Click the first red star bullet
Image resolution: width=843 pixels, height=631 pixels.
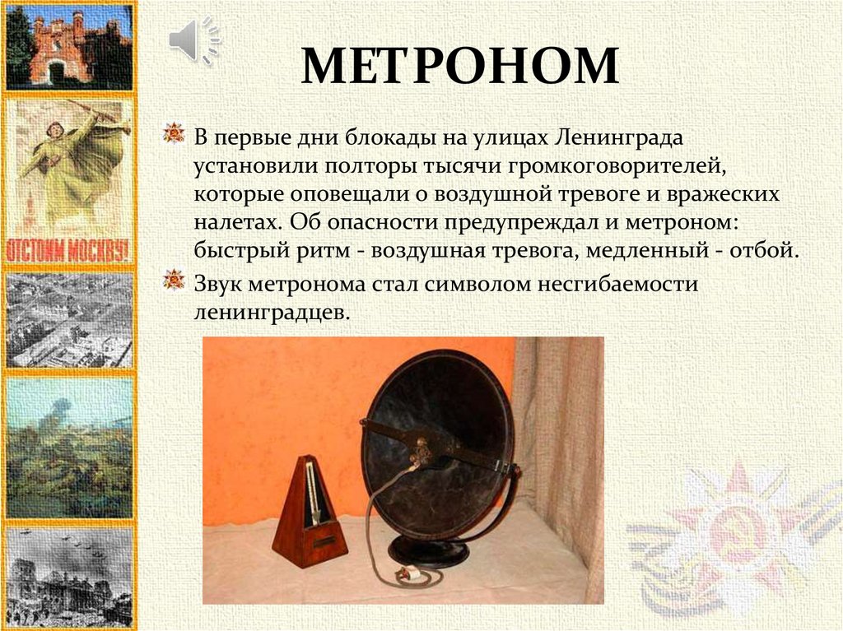pyautogui.click(x=173, y=132)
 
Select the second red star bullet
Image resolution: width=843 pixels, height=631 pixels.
pyautogui.click(x=173, y=281)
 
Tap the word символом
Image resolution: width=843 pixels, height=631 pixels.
pyautogui.click(x=481, y=284)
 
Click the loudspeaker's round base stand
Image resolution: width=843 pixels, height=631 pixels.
pyautogui.click(x=433, y=550)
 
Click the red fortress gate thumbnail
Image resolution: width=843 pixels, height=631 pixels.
pyautogui.click(x=69, y=47)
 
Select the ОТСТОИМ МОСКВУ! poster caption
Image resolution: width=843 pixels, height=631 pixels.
pyautogui.click(x=69, y=249)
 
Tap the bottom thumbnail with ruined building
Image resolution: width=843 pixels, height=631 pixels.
pyautogui.click(x=69, y=575)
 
